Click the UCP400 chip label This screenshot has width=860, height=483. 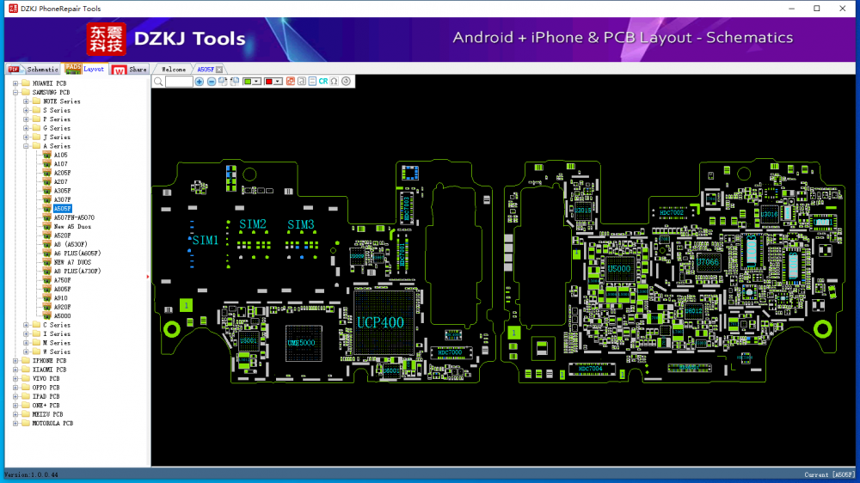point(379,323)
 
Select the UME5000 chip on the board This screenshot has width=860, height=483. point(301,343)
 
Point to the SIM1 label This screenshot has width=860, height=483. point(205,240)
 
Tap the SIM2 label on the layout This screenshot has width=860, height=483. point(253,224)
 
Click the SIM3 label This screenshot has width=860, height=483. point(301,224)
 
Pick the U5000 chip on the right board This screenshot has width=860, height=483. point(619,269)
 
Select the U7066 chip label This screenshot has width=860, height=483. point(708,262)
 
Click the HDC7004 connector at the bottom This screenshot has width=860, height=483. point(590,369)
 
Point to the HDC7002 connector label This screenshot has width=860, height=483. point(672,188)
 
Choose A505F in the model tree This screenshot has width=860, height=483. point(62,209)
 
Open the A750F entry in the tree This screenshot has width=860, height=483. point(62,280)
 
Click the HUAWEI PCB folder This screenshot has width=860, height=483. point(49,83)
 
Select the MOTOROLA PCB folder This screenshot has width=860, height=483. point(52,423)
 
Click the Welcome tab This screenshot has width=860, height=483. point(173,69)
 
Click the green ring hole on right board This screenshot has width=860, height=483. point(822,328)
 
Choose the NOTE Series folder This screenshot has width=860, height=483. point(61,101)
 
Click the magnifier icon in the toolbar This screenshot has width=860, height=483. point(158,81)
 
